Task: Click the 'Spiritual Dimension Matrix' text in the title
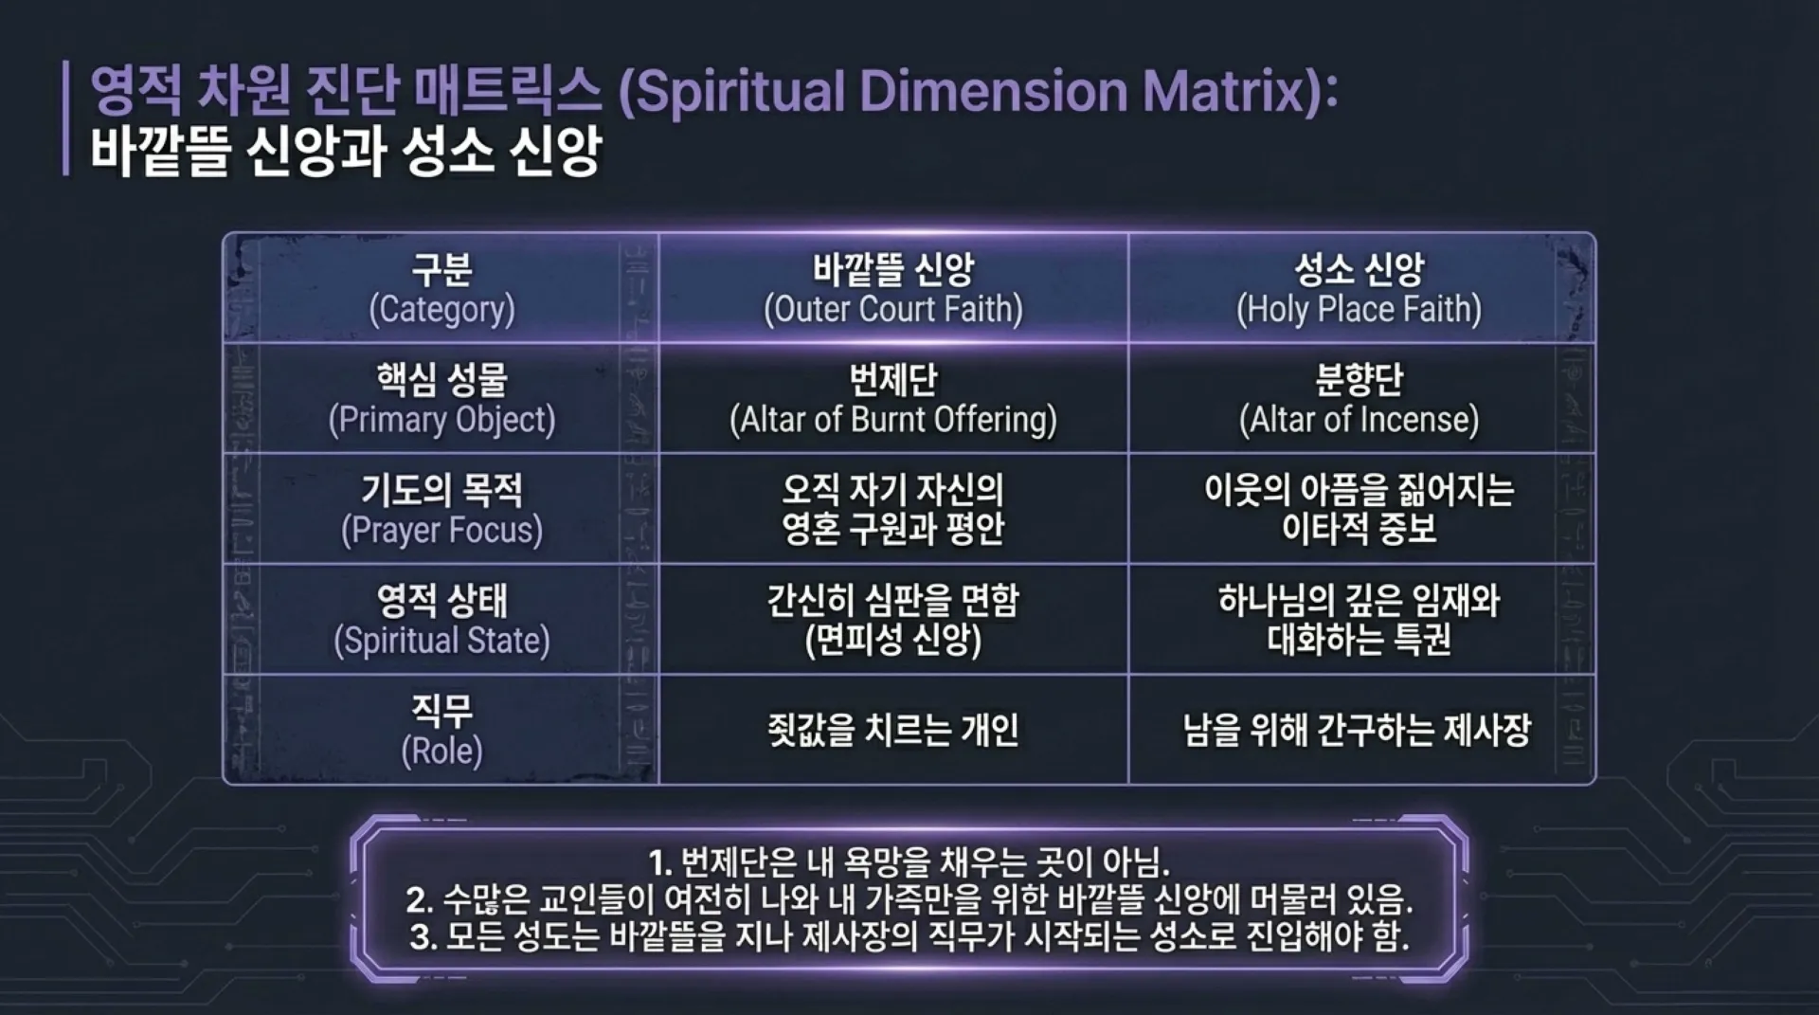tap(976, 92)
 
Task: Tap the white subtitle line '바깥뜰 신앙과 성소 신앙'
tap(346, 152)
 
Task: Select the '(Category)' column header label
tap(441, 310)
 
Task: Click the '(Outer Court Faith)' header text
tap(893, 310)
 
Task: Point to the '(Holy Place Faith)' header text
tap(1359, 310)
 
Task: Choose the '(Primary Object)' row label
tap(441, 420)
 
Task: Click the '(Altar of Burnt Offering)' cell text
tap(893, 420)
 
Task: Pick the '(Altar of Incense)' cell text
tap(1359, 420)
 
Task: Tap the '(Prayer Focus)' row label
tap(441, 530)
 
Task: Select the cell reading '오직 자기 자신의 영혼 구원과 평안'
tap(893, 509)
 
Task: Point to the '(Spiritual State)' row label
tap(441, 641)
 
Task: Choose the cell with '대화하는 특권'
tap(1359, 640)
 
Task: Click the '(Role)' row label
tap(441, 751)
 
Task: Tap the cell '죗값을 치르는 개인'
tap(893, 730)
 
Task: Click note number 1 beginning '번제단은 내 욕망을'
tap(909, 862)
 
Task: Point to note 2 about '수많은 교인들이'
tap(909, 898)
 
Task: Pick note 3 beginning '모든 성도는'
tap(909, 936)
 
